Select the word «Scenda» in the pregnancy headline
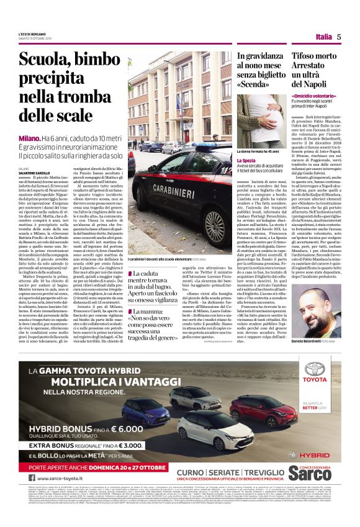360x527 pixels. click(256, 84)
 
